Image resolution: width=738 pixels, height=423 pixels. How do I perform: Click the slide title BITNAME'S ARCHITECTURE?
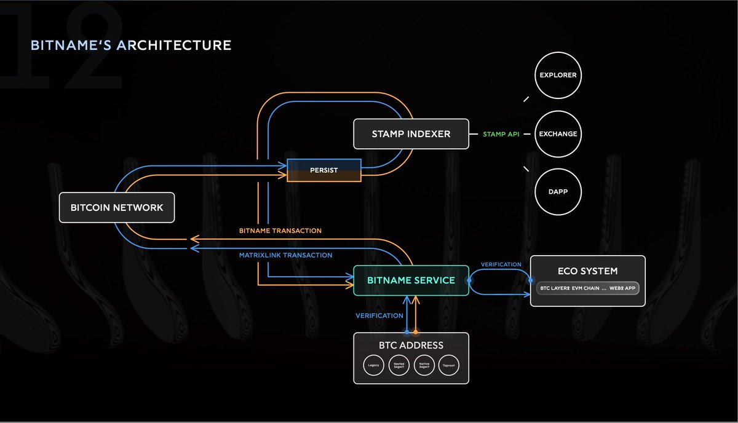[x=131, y=45]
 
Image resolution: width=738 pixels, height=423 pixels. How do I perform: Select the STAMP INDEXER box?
[x=411, y=134]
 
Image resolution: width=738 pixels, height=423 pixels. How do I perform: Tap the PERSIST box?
[x=324, y=170]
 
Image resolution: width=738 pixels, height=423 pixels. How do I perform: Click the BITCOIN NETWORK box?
[x=117, y=208]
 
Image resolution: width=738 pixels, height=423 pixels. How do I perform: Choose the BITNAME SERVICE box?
[x=411, y=280]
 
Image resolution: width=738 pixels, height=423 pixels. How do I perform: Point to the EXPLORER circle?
[x=558, y=76]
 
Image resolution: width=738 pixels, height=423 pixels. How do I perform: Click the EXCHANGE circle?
[x=558, y=133]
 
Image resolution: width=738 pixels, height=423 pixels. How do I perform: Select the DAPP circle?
[x=558, y=191]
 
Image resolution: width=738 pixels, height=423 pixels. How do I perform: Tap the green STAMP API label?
[x=501, y=133]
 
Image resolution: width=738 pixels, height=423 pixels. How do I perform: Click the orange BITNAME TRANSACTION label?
[x=280, y=231]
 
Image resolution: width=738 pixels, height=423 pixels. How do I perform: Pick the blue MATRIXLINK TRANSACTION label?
[x=285, y=255]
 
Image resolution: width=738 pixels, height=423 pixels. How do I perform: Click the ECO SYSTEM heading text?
[x=587, y=271]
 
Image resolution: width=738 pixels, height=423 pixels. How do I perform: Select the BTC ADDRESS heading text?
[x=411, y=345]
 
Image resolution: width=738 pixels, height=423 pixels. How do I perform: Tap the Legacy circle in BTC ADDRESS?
[x=374, y=365]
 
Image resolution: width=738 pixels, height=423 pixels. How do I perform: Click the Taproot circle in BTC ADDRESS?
[x=448, y=365]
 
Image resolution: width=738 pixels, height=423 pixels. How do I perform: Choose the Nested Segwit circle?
[x=399, y=365]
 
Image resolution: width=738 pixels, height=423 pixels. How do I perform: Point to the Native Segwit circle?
[x=424, y=365]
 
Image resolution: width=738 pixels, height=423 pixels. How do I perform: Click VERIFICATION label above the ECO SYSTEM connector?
[x=501, y=264]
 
